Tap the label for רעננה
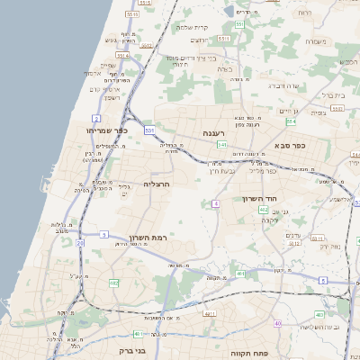point(213,133)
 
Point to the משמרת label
point(315,41)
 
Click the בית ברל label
point(334,94)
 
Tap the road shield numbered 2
point(95,118)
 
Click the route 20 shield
point(80,243)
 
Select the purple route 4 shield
point(216,204)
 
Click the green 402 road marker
point(319,314)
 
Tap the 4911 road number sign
point(210,313)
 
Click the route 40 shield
point(278,323)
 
